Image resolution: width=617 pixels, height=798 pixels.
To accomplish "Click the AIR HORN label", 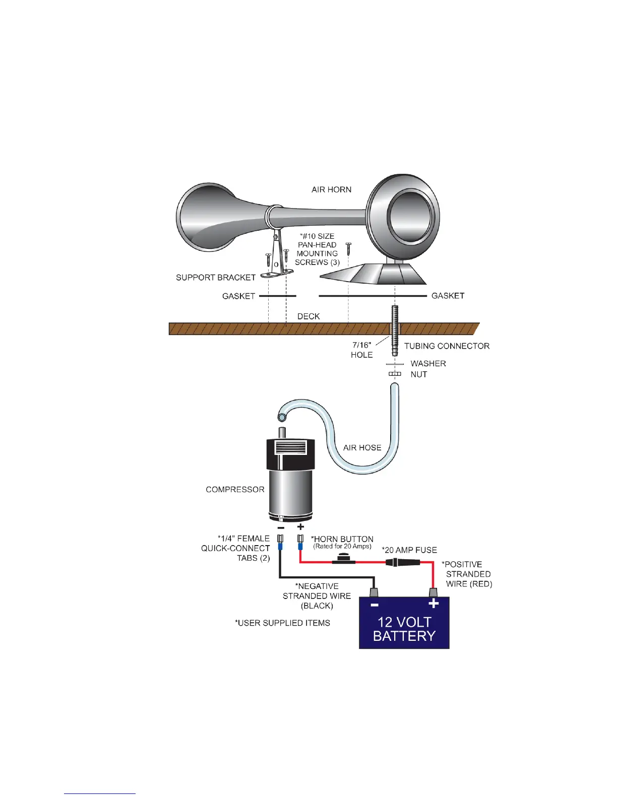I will [331, 190].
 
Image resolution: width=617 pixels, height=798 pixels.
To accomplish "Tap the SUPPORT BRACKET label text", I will [215, 278].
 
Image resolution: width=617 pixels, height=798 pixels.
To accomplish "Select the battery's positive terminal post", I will [433, 591].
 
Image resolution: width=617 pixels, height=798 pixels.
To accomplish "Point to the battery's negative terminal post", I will [374, 591].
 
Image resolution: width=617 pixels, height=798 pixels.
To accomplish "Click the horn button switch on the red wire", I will [343, 559].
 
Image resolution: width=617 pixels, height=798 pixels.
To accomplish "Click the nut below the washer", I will [395, 374].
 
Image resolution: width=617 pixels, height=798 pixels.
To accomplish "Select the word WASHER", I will [428, 364].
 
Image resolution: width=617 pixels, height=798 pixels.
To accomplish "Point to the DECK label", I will [308, 316].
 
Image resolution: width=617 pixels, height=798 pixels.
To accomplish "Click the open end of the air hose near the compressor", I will [282, 416].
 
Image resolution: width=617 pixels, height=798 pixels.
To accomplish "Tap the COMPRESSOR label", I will [235, 490].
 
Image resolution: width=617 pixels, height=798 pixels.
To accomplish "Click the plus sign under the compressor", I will [300, 527].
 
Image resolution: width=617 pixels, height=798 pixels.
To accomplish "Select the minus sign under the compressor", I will [280, 527].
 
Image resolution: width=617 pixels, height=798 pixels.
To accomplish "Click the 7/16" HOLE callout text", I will [361, 350].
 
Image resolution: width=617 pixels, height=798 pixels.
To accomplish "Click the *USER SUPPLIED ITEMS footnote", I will [282, 623].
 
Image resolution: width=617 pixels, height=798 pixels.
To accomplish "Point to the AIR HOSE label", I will [362, 448].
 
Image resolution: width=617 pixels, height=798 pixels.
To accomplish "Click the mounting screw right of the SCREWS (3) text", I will [348, 248].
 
